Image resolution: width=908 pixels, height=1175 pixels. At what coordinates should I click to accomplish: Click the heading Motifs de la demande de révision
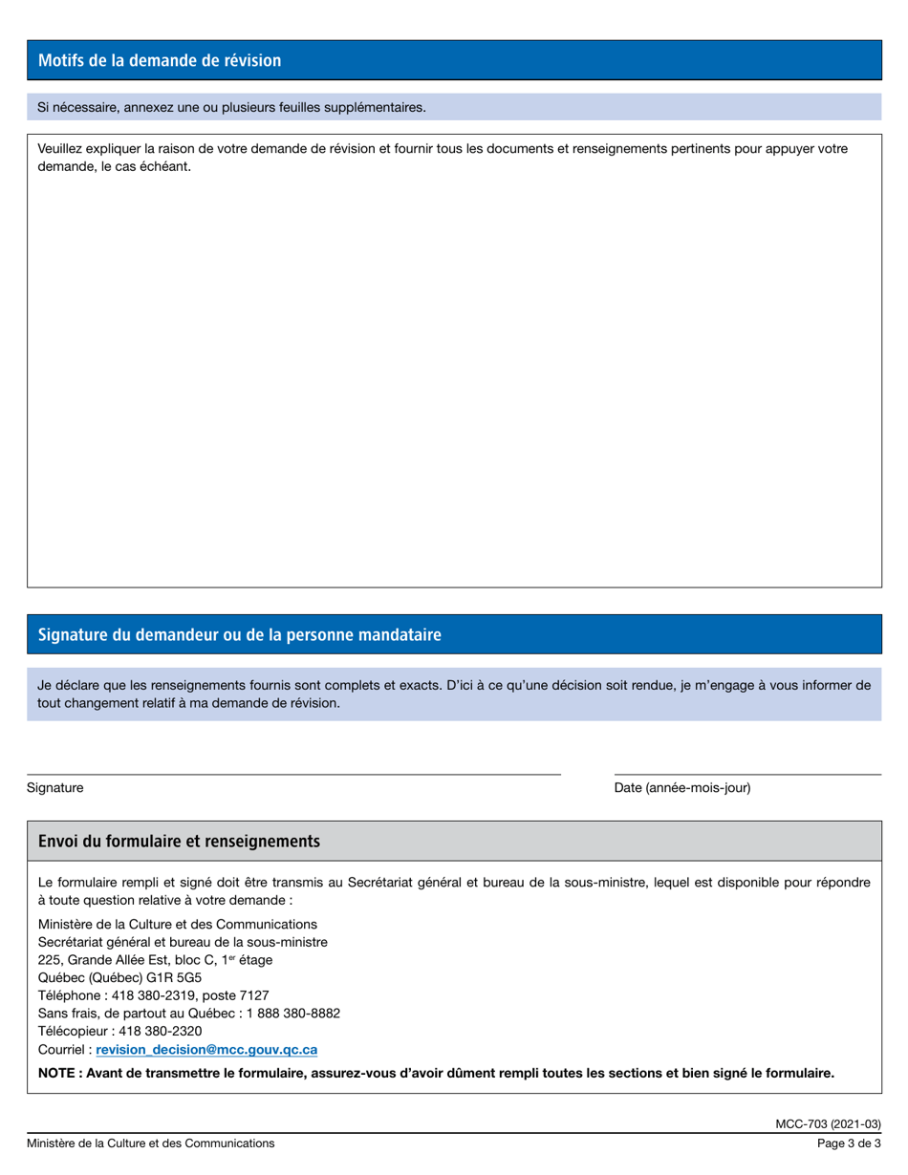click(x=160, y=61)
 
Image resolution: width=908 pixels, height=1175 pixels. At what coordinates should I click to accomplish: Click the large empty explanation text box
click(x=454, y=382)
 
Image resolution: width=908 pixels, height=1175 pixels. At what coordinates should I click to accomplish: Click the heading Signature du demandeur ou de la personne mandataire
click(x=239, y=635)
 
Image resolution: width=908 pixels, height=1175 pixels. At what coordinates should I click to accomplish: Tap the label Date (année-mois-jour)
click(x=682, y=788)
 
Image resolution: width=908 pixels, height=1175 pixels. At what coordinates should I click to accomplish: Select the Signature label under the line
click(x=54, y=788)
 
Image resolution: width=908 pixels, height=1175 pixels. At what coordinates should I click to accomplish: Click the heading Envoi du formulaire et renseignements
click(x=179, y=842)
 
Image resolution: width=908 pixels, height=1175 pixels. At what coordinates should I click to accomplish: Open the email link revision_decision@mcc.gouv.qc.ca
click(x=206, y=1050)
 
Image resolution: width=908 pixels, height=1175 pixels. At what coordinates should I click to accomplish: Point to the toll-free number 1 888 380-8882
click(x=293, y=1014)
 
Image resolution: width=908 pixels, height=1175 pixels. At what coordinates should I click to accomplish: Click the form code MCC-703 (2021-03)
click(x=828, y=1123)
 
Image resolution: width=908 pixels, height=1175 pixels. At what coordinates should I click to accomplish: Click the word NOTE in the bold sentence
click(x=57, y=1074)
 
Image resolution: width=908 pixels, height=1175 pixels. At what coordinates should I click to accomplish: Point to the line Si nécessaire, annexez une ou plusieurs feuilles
click(x=231, y=107)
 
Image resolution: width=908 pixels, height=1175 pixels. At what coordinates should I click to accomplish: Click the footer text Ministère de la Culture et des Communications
click(x=150, y=1143)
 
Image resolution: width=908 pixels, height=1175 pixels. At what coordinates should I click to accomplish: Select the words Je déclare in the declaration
click(x=65, y=686)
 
